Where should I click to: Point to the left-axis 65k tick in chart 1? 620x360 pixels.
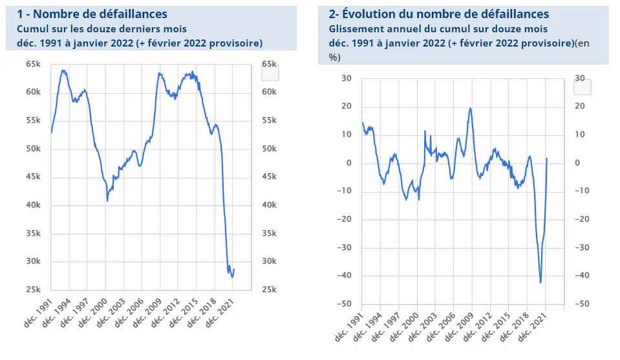33,64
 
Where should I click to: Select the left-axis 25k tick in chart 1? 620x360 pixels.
33,290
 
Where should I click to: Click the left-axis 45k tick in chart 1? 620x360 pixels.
33,177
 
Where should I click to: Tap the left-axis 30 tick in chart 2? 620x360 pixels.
346,78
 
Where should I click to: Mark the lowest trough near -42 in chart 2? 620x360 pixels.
540,282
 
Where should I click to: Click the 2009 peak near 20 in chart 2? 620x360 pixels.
470,108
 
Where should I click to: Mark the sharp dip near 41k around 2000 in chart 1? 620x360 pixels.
107,201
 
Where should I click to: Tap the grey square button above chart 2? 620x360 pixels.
582,87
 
